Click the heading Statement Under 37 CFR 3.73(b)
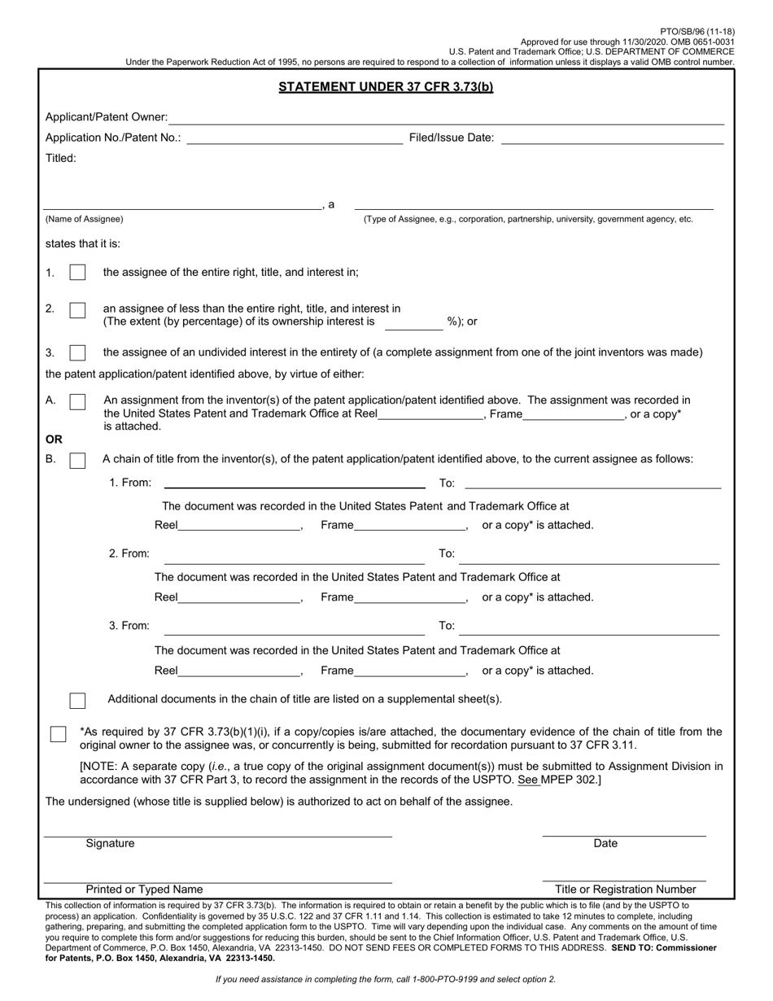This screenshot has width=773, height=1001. tap(386, 87)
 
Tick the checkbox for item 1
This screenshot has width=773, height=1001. tap(77, 273)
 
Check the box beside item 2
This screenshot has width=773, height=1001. tap(77, 310)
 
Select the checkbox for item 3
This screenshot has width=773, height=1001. tap(77, 352)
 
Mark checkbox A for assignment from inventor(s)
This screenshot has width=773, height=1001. tap(77, 401)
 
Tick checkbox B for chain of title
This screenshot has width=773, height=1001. tap(77, 461)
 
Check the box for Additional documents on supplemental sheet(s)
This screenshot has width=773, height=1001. tap(77, 701)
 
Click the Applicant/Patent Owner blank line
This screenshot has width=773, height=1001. tap(446, 119)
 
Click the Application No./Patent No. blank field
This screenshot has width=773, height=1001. tap(295, 139)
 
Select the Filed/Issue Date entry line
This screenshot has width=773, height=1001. tap(612, 139)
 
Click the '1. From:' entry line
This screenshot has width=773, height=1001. tap(295, 483)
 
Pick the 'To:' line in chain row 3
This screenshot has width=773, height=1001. tap(589, 628)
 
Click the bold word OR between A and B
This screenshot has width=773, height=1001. tap(54, 439)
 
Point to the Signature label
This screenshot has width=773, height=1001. tap(111, 844)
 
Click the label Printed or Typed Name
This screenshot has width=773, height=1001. tap(144, 890)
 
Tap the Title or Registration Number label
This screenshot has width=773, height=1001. tap(625, 890)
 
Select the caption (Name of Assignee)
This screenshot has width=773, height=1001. tap(85, 219)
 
